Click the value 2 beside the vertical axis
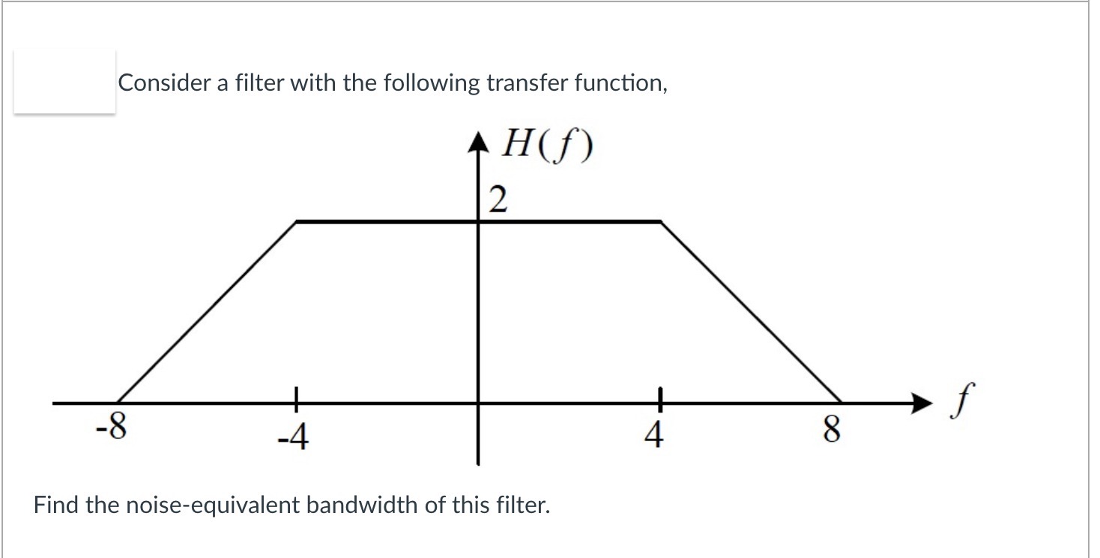coord(497,200)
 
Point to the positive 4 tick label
coord(653,435)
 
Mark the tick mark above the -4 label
coord(297,397)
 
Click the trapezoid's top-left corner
coord(297,221)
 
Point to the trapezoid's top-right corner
coord(659,221)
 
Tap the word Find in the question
coord(56,504)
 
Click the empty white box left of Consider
coord(65,82)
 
